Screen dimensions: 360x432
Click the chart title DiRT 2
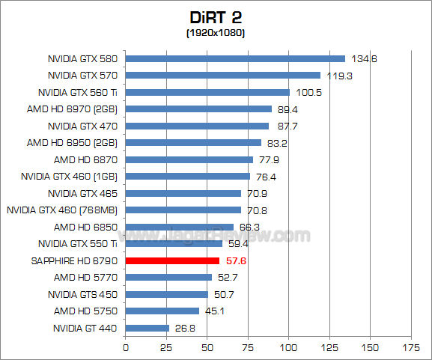(x=216, y=17)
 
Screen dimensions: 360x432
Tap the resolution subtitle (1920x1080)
(x=216, y=33)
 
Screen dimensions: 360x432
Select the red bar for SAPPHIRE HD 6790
(x=172, y=260)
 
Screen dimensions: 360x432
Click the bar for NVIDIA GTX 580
(x=235, y=58)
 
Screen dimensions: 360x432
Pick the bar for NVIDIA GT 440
(x=147, y=328)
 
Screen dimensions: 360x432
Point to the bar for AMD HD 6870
(x=189, y=159)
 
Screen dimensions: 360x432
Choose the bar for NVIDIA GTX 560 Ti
(x=207, y=92)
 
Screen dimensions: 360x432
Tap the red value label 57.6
(x=236, y=260)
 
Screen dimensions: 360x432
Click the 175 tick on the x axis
(x=410, y=347)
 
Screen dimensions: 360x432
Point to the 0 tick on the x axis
(x=126, y=347)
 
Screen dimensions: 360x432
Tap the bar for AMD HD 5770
(x=168, y=278)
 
